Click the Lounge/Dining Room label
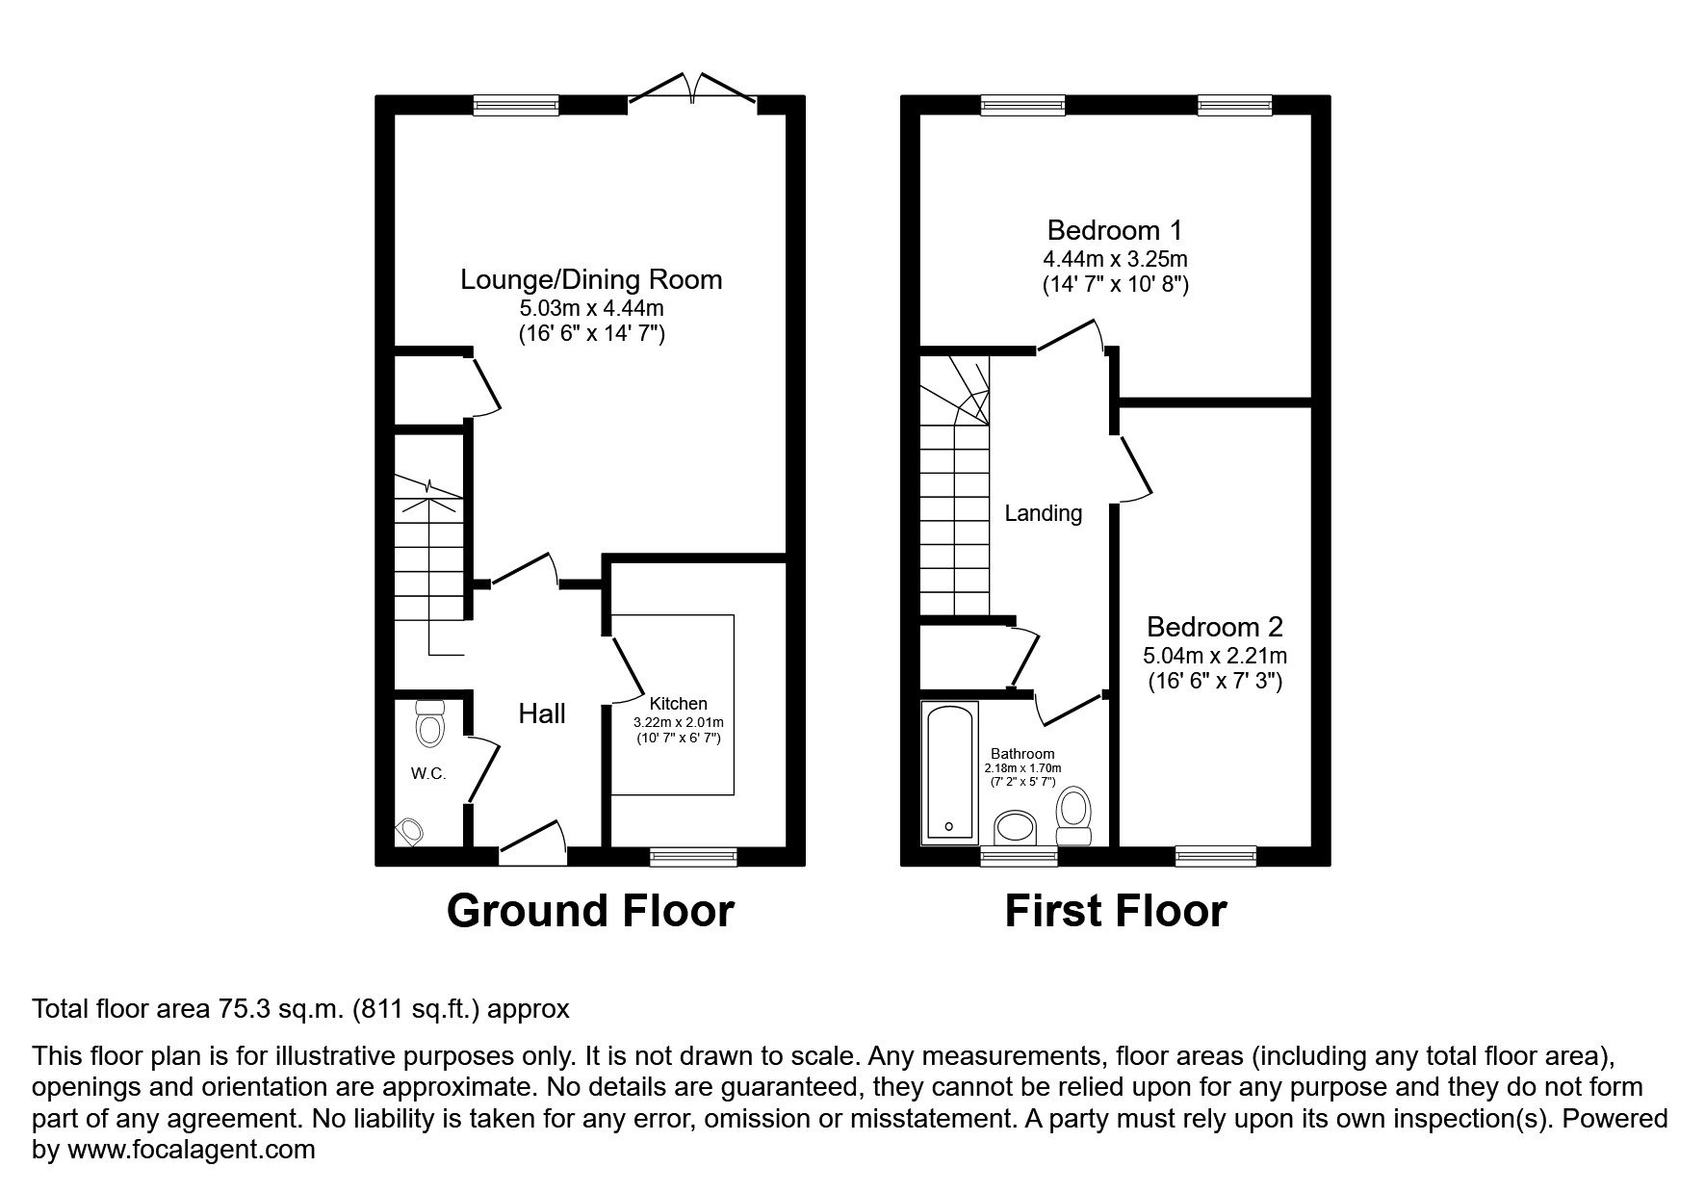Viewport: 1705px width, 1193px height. point(591,280)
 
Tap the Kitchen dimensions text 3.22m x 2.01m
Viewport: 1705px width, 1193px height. point(678,722)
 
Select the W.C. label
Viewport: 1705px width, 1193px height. point(428,774)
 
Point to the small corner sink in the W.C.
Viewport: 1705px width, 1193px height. point(410,830)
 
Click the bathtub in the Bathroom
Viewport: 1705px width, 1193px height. point(949,771)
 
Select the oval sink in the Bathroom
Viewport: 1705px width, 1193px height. point(1016,827)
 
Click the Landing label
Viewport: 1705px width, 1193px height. point(1043,514)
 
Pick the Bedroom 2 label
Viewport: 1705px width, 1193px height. point(1214,628)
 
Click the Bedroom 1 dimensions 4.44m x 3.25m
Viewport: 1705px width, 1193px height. point(1115,260)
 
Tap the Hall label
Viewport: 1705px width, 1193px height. point(542,714)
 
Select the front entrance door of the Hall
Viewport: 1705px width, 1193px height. point(532,839)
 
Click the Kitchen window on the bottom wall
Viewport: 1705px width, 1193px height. point(693,855)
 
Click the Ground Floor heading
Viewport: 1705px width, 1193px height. point(590,911)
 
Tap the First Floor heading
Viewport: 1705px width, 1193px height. point(1115,911)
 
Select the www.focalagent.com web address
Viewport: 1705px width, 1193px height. point(189,1150)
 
